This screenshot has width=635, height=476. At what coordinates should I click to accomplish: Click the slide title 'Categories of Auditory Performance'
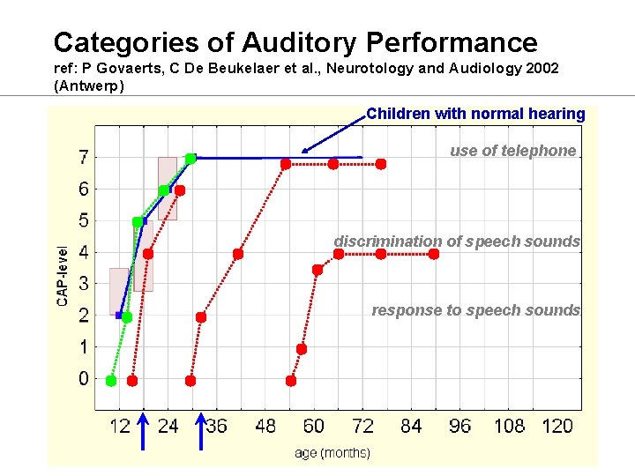(x=295, y=42)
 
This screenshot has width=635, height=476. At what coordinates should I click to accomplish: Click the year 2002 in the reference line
(x=540, y=69)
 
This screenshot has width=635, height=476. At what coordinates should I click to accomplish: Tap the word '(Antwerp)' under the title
(x=89, y=86)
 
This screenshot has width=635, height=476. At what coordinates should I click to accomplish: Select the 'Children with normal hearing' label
(x=475, y=114)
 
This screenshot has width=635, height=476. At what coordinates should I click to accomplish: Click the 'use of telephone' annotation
(x=512, y=151)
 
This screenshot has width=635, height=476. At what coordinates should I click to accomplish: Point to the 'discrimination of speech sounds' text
(x=457, y=242)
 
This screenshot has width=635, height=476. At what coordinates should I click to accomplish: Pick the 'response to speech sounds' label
(x=476, y=310)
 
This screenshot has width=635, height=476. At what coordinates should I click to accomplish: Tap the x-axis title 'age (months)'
(x=332, y=453)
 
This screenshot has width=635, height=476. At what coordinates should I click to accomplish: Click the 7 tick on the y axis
(x=83, y=158)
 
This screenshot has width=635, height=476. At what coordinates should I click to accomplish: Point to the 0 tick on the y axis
(x=83, y=379)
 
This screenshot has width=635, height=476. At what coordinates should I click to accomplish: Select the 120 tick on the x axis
(x=557, y=427)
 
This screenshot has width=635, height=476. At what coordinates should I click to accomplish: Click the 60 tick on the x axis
(x=313, y=427)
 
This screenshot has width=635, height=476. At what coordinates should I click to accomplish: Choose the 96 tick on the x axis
(x=459, y=427)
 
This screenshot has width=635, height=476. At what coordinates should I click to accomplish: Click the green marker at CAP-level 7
(x=190, y=159)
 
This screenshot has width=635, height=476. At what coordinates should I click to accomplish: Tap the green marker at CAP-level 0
(x=111, y=381)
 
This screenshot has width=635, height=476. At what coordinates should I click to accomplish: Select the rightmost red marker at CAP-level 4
(x=434, y=254)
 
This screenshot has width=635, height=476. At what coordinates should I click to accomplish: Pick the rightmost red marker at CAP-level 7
(x=381, y=164)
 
